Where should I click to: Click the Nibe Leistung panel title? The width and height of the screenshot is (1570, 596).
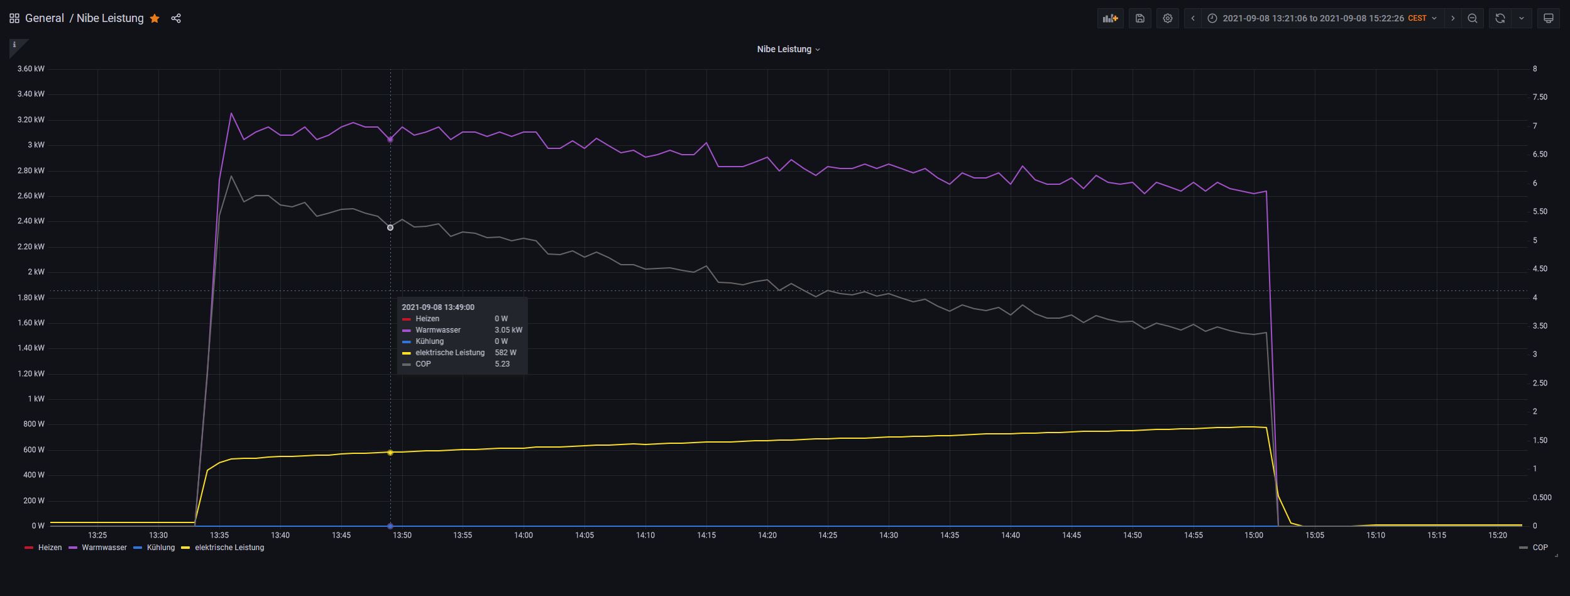pos(784,49)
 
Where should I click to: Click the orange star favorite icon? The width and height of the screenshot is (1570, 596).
pos(155,18)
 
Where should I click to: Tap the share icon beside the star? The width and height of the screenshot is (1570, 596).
pos(176,18)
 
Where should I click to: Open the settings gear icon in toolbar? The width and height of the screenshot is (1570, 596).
pos(1167,18)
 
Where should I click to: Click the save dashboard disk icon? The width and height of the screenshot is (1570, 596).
pos(1139,18)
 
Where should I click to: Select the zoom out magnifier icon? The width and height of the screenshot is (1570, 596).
pos(1472,18)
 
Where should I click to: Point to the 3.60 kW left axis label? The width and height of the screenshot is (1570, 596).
pos(31,69)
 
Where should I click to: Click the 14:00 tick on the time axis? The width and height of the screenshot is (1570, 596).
pos(524,535)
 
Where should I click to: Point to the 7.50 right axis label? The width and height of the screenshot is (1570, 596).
pos(1540,97)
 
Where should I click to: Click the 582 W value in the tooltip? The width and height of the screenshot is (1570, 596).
pos(505,353)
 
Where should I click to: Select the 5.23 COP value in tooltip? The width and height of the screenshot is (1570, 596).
pos(502,364)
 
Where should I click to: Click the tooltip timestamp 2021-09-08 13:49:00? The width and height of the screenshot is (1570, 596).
pos(438,307)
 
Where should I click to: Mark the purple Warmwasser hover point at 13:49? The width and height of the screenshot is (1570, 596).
pos(390,140)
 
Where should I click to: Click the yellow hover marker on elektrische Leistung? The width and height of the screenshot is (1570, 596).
pos(390,453)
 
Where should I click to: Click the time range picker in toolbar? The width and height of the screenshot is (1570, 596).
pos(1322,18)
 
